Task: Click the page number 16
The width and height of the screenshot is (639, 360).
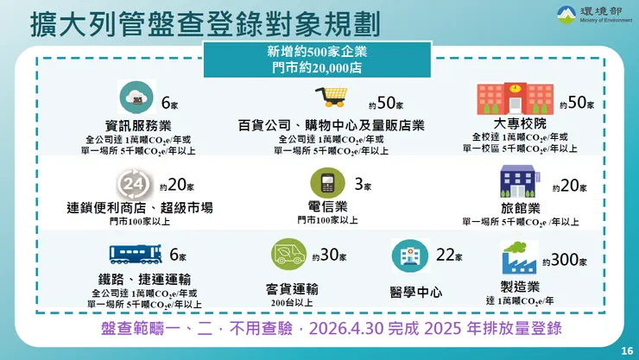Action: (x=626, y=350)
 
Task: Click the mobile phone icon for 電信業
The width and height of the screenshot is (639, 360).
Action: (x=327, y=183)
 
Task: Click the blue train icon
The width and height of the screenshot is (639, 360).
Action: (x=136, y=254)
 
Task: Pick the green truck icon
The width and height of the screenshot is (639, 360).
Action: (x=288, y=255)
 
